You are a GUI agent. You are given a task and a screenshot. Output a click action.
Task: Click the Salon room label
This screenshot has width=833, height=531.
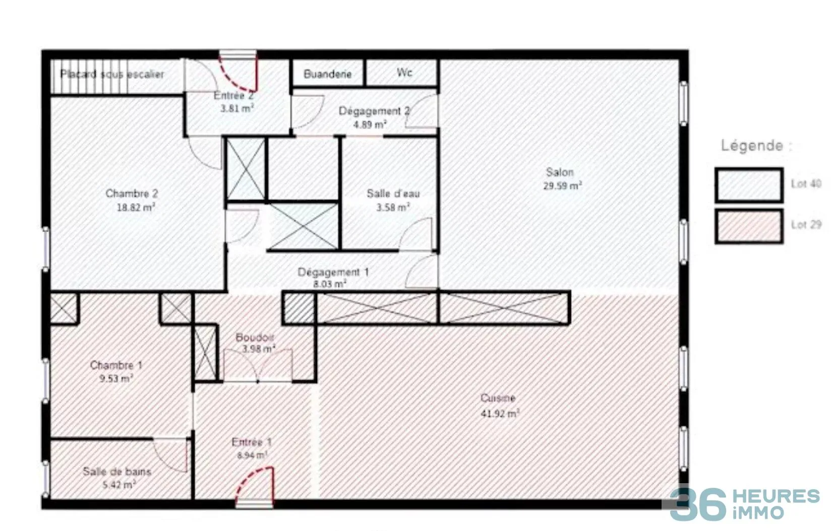[560, 172]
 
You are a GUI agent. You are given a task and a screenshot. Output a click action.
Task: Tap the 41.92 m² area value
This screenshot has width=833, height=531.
[500, 413]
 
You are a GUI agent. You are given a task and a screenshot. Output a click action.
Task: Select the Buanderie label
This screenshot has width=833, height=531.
[328, 75]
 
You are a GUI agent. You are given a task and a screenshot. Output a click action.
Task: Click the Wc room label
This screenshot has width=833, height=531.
[404, 72]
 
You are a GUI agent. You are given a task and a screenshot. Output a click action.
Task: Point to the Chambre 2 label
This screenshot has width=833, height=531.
[132, 193]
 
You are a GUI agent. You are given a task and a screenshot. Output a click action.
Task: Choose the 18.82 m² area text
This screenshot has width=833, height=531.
[136, 208]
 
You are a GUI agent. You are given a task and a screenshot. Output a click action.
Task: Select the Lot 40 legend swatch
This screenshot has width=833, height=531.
[749, 185]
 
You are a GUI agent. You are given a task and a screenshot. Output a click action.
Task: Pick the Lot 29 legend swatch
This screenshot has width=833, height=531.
[749, 226]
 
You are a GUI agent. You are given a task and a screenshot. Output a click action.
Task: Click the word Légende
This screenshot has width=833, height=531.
[752, 145]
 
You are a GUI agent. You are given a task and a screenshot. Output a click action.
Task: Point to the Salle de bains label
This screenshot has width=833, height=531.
[117, 472]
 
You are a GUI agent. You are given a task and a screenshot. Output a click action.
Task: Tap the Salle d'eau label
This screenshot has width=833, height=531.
[393, 193]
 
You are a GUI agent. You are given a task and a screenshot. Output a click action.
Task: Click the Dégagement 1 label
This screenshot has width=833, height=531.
[333, 273]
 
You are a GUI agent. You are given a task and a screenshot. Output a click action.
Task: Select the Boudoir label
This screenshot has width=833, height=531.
[255, 338]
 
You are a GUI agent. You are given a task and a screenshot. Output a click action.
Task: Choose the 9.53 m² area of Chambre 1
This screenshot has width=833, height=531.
[116, 379]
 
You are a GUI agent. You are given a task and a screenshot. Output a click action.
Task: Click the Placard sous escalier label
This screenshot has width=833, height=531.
[112, 75]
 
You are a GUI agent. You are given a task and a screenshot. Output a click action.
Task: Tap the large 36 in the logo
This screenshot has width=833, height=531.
[698, 505]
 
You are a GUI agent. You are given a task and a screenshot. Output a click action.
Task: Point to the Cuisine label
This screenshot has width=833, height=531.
[498, 398]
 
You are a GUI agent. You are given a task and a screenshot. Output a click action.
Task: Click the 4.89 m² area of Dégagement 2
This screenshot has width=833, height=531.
[370, 124]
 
